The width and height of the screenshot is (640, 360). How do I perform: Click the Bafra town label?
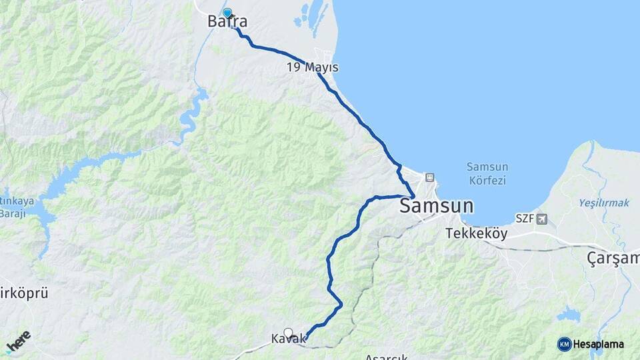pos(227,22)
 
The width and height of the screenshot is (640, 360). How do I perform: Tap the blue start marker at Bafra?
pos(227,13)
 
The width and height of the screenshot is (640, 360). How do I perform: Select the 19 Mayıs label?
pos(313,67)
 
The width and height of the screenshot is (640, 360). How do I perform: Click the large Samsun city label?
pos(437,205)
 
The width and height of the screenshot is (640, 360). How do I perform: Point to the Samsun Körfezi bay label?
pos(487,173)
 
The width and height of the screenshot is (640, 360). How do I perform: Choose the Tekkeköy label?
pos(476,234)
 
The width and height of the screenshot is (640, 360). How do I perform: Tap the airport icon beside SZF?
pos(541,219)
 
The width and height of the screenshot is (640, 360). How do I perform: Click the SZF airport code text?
pos(525,219)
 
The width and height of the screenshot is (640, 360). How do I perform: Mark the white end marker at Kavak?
pos(288,333)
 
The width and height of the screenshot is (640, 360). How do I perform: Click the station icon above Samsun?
pos(429,178)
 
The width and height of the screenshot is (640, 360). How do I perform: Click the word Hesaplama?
pos(599,344)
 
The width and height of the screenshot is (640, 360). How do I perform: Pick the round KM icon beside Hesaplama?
pos(564,344)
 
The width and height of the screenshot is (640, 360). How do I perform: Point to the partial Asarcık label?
pos(387,356)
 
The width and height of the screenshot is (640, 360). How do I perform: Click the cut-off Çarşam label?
pos(613,259)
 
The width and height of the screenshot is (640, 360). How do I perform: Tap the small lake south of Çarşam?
pos(569,315)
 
